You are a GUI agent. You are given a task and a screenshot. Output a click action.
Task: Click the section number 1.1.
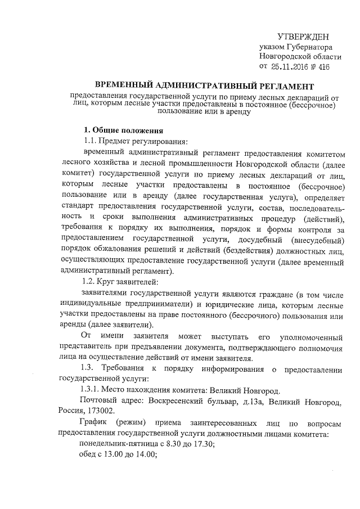point(91,141)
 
